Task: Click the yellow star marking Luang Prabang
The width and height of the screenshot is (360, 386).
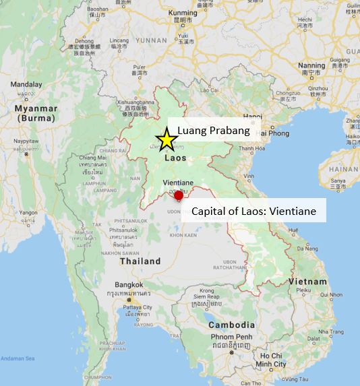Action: coord(166,140)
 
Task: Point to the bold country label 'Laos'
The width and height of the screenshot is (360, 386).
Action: coord(177,158)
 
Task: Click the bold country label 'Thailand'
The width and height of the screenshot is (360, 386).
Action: coord(140,261)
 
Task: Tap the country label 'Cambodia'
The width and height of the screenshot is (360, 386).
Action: coord(231,324)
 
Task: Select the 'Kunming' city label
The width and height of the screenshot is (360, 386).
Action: coord(184,13)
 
